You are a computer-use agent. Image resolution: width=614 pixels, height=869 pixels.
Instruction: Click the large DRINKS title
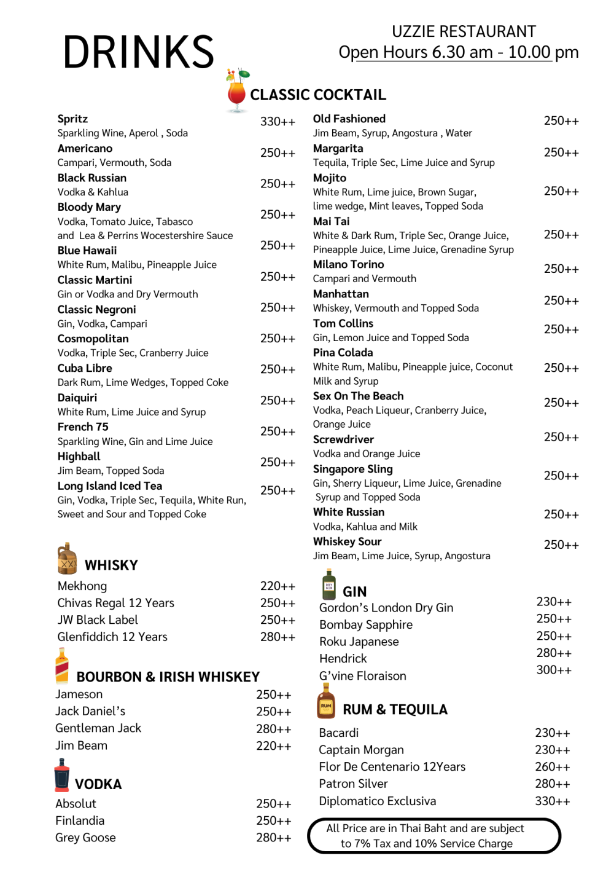(138, 52)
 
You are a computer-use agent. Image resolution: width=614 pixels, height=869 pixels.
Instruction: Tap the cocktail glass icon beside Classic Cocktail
(237, 92)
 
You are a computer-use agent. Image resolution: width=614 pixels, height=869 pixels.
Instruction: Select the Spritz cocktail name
(72, 119)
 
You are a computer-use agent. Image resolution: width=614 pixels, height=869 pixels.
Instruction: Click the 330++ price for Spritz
(278, 122)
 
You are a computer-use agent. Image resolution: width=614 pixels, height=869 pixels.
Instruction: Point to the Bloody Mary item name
(89, 207)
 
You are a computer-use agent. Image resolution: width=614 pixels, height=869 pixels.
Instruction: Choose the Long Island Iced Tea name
(110, 486)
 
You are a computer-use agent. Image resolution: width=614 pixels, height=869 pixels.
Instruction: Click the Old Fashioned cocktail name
(349, 119)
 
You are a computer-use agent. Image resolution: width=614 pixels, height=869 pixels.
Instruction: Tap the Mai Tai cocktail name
(331, 221)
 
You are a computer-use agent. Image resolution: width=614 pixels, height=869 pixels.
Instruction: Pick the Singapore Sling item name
(352, 469)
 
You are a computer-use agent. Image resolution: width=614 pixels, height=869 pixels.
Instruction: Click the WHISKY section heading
(111, 565)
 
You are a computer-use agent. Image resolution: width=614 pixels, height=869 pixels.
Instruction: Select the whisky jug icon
(67, 558)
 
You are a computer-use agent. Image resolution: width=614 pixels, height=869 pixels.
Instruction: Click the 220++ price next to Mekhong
(278, 586)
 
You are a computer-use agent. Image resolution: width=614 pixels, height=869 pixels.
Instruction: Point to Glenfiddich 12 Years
(112, 637)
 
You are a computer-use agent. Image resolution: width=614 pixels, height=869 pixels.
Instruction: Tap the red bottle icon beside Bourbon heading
(62, 666)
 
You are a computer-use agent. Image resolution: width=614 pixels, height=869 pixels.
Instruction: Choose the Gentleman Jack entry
(98, 728)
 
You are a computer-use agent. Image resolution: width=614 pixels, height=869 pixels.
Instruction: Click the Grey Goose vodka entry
(85, 838)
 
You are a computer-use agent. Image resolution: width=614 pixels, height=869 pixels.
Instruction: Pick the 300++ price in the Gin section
(554, 670)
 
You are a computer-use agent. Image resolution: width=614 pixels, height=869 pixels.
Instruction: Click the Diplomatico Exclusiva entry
(378, 801)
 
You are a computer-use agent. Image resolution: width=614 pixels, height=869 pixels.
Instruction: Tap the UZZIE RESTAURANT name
(464, 31)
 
